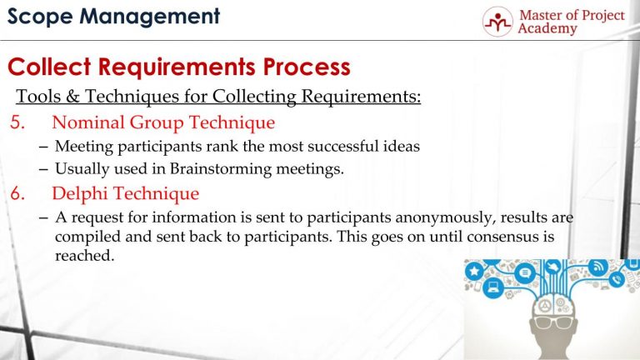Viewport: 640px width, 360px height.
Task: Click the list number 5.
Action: point(19,122)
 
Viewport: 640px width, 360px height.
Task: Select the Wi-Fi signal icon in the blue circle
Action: point(597,267)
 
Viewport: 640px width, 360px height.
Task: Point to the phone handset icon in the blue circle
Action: point(617,281)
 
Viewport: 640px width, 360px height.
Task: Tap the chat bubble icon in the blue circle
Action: point(525,272)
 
